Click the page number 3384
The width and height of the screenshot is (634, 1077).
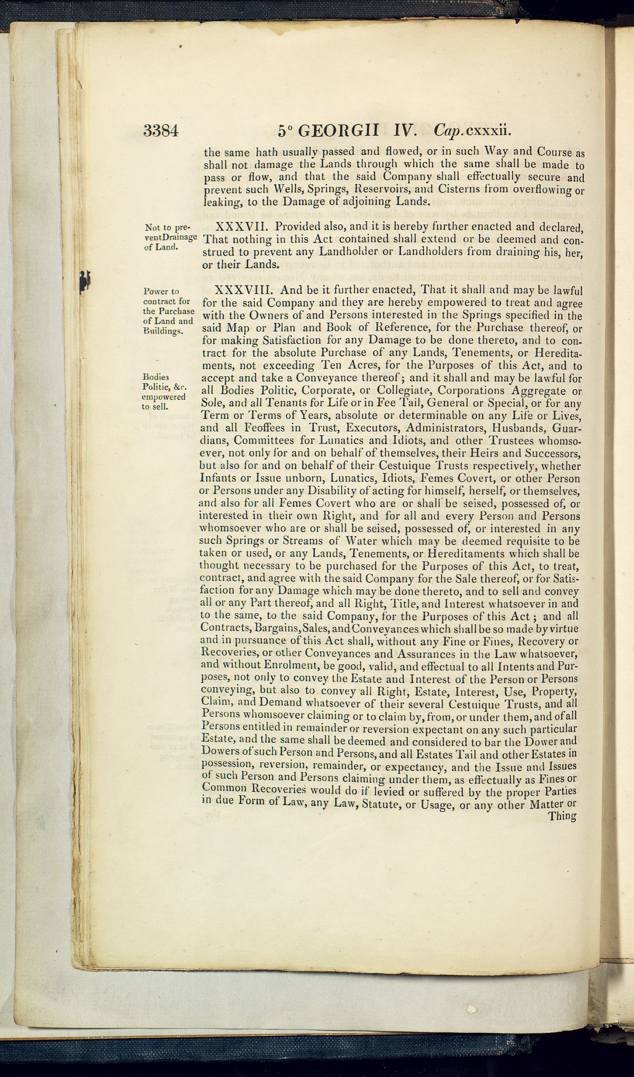click(160, 130)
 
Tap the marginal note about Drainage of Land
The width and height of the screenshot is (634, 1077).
click(170, 237)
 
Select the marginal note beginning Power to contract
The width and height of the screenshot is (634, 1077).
click(168, 311)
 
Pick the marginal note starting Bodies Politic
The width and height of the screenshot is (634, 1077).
click(164, 391)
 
